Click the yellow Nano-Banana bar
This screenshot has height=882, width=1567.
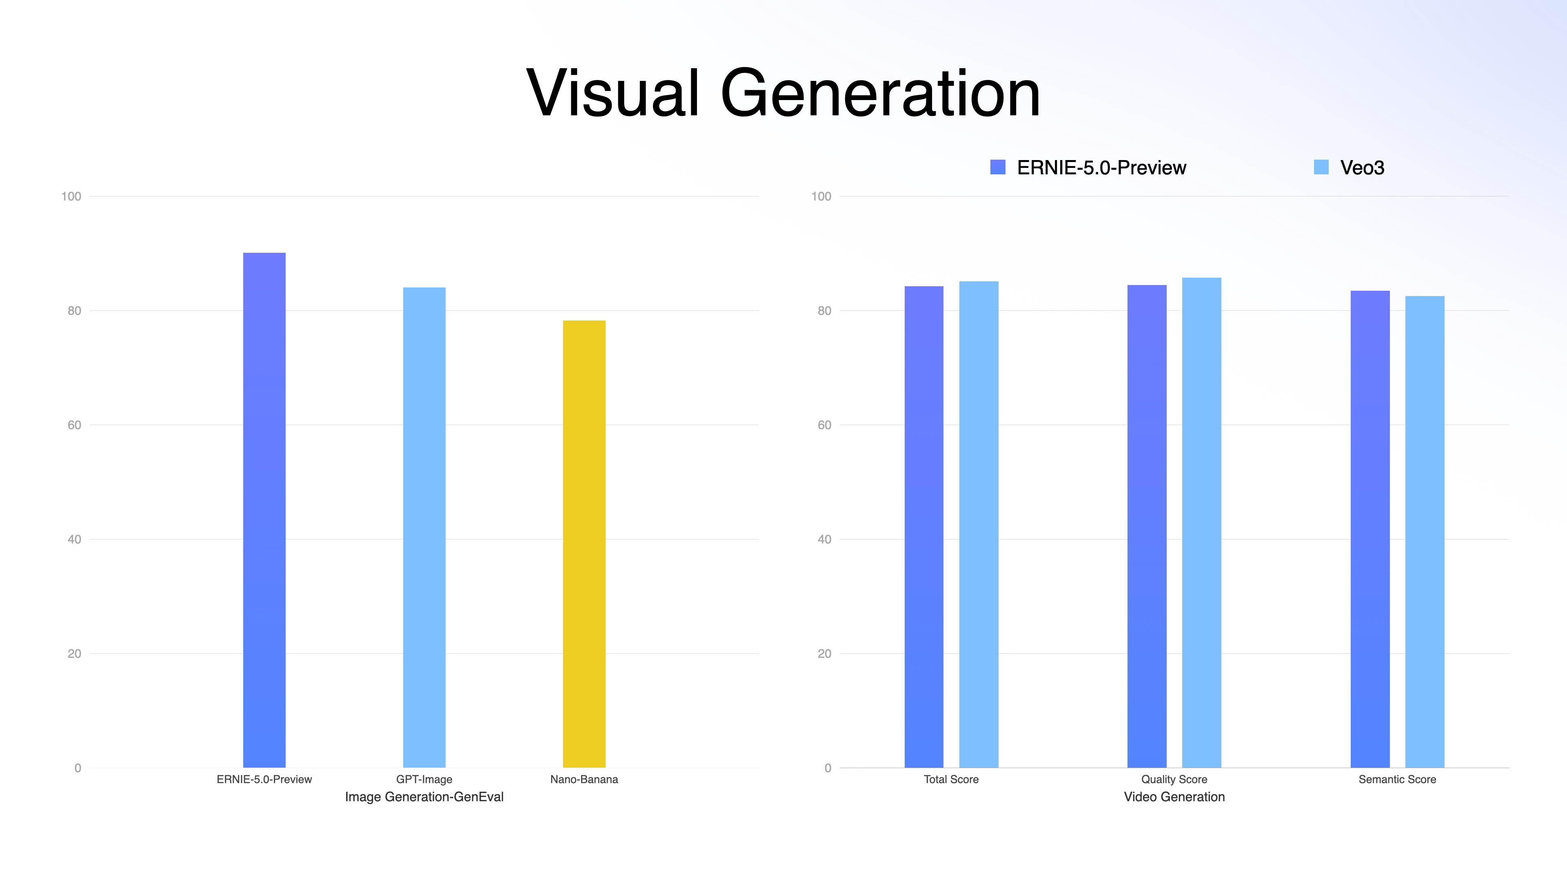click(x=584, y=543)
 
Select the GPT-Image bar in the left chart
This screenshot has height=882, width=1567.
click(x=424, y=527)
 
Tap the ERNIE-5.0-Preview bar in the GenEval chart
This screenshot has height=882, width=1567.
click(x=264, y=510)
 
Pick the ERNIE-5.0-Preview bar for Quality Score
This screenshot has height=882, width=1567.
click(x=1147, y=526)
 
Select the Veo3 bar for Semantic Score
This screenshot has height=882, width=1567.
click(x=1425, y=531)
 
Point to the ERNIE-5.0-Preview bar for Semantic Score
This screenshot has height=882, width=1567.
click(x=1370, y=529)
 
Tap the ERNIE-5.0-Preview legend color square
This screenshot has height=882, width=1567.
click(x=998, y=167)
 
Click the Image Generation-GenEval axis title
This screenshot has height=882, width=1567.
click(x=424, y=797)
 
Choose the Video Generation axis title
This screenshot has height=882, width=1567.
click(x=1174, y=797)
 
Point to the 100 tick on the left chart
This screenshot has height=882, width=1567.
click(x=71, y=196)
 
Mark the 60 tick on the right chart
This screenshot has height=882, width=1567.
click(x=824, y=425)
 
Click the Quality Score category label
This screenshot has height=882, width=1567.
click(x=1174, y=779)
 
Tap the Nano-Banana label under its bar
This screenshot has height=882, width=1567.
click(x=584, y=779)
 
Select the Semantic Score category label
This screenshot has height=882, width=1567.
click(x=1397, y=779)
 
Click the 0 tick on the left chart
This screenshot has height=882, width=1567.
click(x=77, y=768)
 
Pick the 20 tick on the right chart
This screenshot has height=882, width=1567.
click(x=824, y=654)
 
